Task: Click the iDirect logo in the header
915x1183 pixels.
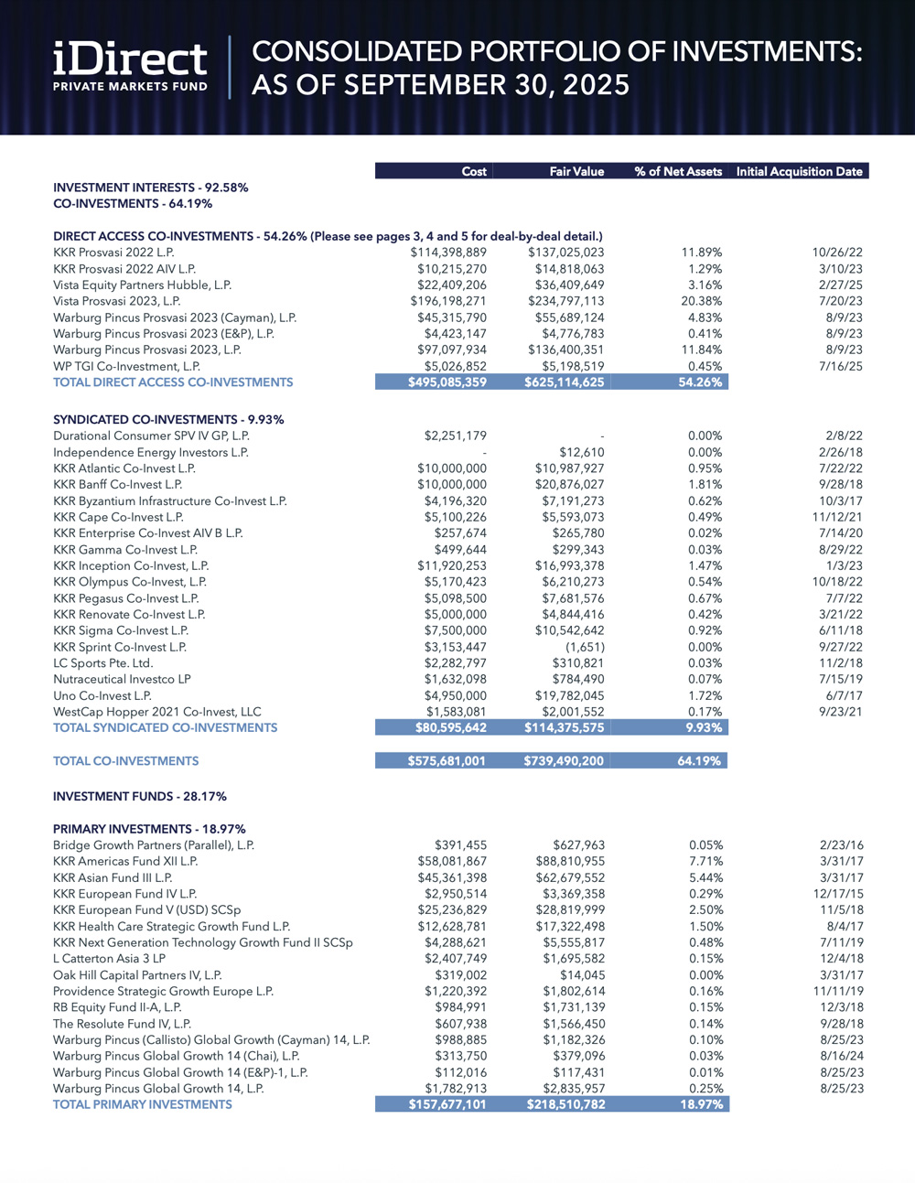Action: [130, 59]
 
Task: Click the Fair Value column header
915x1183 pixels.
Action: [576, 171]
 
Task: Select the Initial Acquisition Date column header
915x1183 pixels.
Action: [799, 171]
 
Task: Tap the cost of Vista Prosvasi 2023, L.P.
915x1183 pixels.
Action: [447, 301]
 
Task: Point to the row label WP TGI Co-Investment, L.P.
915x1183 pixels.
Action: [126, 366]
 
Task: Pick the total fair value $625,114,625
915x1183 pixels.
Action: [564, 382]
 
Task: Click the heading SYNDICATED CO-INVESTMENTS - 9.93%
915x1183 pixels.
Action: [168, 420]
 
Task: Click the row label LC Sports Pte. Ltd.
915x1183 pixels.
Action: [102, 663]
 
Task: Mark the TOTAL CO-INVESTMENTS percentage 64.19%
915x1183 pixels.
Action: [699, 761]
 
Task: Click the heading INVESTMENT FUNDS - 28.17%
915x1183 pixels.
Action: [140, 797]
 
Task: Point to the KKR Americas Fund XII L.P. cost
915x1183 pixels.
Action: [452, 861]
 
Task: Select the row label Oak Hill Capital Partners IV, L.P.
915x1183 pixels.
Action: [137, 975]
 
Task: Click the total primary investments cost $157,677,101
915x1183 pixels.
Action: [447, 1104]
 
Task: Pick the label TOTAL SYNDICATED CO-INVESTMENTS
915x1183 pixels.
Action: [165, 728]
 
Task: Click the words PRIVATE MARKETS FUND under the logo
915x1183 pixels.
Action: [130, 87]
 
